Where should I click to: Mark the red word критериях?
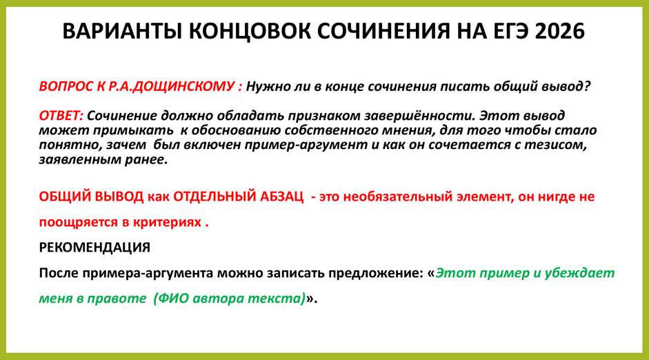pyautogui.click(x=163, y=223)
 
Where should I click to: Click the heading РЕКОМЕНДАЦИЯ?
pyautogui.click(x=94, y=247)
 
